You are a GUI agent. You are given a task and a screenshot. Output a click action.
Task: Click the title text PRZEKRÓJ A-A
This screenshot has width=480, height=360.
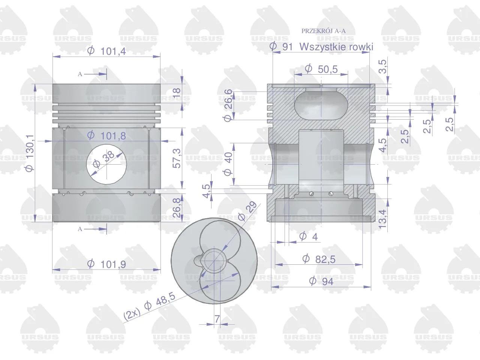(x=323, y=31)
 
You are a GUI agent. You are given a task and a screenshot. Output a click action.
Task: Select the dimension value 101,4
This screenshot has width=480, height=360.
(x=113, y=51)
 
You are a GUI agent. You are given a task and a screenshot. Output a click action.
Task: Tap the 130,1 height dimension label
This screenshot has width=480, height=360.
(x=30, y=153)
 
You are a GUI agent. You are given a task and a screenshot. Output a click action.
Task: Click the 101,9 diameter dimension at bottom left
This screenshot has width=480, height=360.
(x=113, y=264)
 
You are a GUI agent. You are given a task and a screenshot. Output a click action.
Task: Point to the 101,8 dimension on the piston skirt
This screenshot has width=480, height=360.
(x=113, y=136)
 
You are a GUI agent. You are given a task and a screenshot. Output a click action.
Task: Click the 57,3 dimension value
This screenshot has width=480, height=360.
(x=177, y=158)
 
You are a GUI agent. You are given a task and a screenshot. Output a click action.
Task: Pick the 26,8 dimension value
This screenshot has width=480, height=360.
(x=177, y=208)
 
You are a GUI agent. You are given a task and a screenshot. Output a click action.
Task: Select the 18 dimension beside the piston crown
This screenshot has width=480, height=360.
(x=177, y=93)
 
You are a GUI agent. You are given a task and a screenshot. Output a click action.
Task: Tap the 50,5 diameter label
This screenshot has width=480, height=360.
(x=328, y=69)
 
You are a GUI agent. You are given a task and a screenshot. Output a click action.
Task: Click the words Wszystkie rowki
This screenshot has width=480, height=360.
(x=336, y=47)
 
